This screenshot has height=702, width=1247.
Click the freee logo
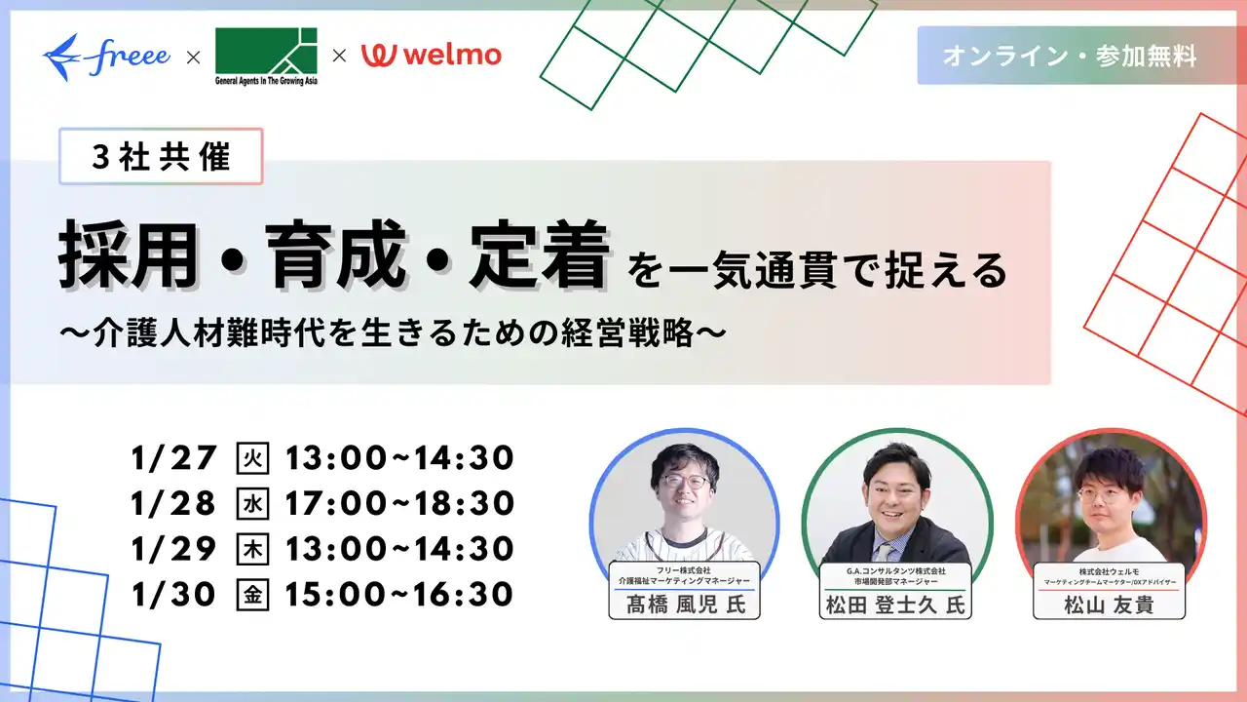click(106, 57)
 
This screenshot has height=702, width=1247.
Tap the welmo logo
click(432, 55)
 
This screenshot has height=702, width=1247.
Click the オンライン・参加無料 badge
click(1069, 57)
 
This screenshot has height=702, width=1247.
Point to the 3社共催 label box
click(161, 157)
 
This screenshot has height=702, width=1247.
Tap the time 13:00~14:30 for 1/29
click(398, 548)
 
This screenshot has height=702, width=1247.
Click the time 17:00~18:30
click(398, 503)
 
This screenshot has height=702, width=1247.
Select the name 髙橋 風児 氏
click(684, 604)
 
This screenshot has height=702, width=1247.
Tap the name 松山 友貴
click(1109, 605)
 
